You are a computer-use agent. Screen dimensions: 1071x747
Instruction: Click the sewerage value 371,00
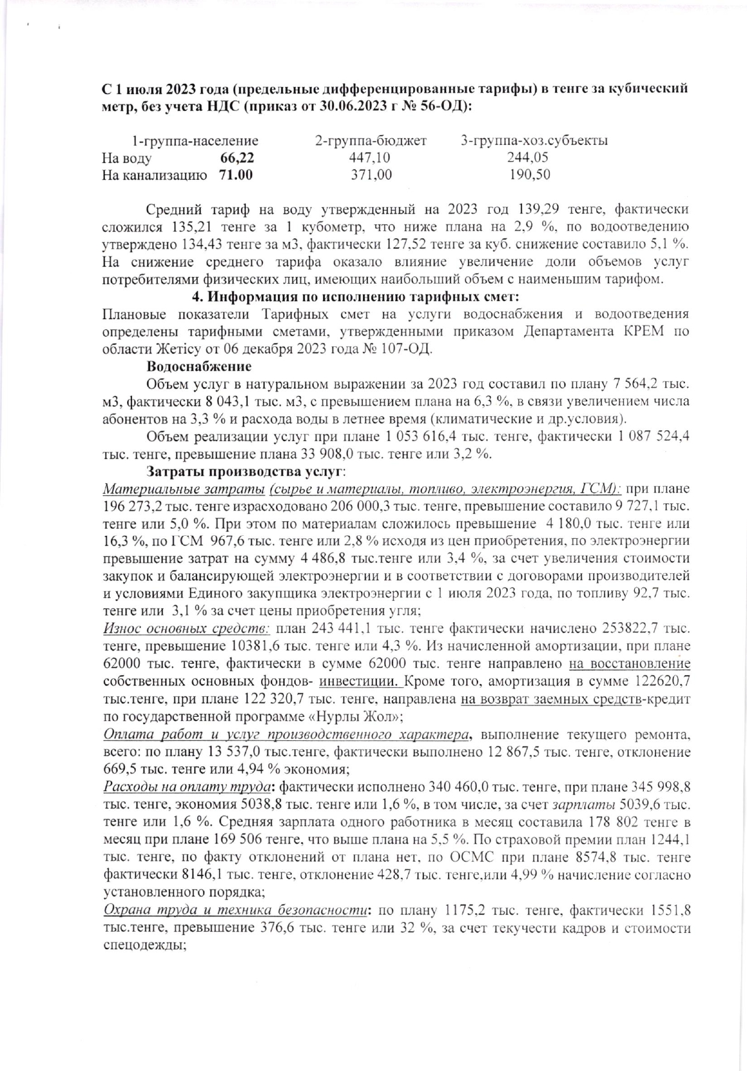click(371, 175)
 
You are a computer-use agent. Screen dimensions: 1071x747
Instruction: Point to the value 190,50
click(529, 175)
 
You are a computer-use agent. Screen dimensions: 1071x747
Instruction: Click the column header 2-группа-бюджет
click(370, 141)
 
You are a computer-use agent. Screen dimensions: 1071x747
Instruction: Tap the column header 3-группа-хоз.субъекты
click(534, 141)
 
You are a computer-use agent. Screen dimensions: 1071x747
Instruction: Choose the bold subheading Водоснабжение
click(199, 366)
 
